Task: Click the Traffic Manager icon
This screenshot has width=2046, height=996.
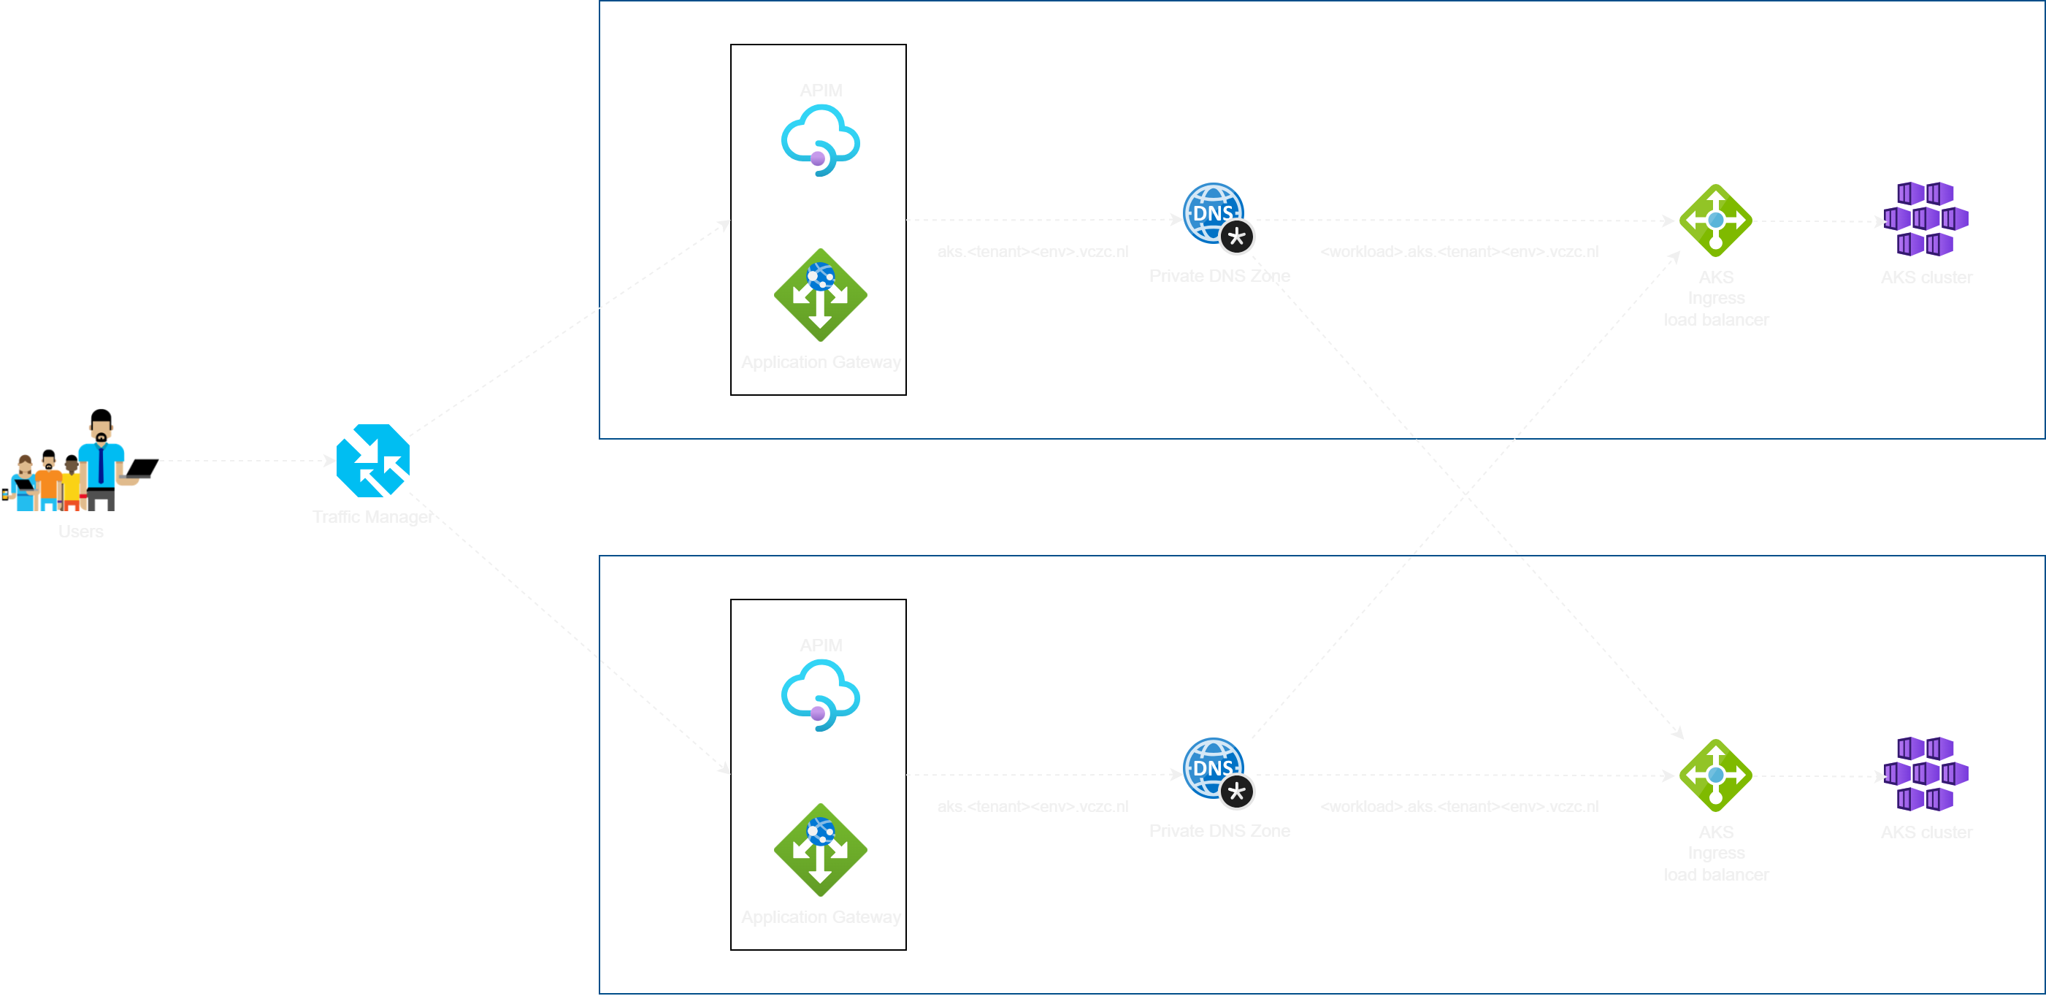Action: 372,461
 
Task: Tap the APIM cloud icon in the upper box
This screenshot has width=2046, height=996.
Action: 821,142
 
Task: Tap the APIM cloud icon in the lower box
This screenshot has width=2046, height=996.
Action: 821,696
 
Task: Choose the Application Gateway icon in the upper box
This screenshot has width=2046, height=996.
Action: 821,295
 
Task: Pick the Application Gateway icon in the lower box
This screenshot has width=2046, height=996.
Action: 821,849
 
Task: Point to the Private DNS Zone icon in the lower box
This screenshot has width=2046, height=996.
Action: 1214,769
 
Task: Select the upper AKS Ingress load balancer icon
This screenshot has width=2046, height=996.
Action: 1716,220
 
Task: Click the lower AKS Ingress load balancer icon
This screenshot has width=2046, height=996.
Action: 1716,775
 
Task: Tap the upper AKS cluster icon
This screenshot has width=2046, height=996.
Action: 1926,219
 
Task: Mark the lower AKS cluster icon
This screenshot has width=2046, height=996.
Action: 1926,775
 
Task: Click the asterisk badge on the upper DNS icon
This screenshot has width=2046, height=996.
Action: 1237,237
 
